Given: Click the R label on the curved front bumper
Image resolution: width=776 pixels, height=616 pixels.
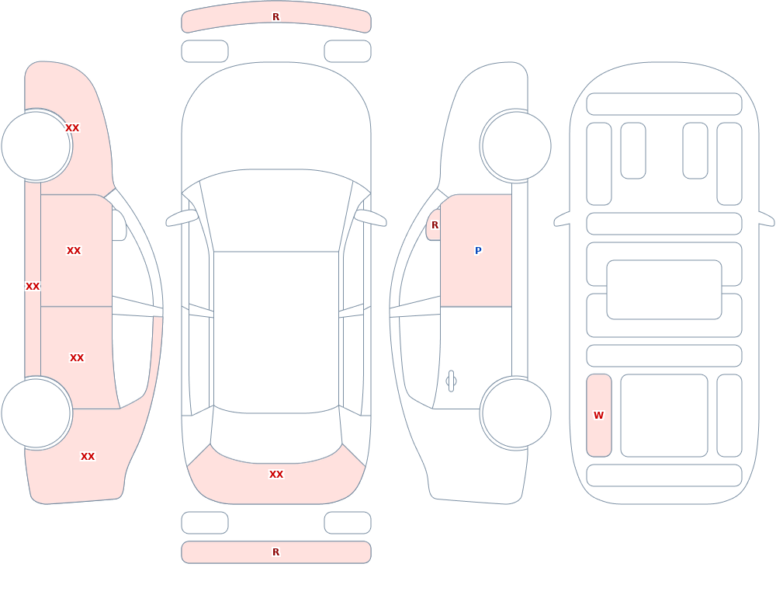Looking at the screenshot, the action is (275, 17).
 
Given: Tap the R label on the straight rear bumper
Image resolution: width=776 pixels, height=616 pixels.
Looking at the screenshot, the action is (275, 552).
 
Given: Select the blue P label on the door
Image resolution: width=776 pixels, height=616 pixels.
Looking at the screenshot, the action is (478, 251).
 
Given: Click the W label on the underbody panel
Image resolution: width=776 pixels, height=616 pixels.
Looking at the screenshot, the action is (599, 416).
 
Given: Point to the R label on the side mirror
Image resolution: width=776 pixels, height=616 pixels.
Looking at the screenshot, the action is (435, 225).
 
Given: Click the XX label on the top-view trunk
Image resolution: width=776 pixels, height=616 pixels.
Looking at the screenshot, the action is (276, 475).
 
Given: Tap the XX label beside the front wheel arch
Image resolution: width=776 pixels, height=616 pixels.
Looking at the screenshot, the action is (72, 128).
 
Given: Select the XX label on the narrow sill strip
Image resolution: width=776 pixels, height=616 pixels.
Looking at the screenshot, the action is (33, 287).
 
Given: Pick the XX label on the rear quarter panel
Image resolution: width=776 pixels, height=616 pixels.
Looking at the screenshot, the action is (88, 457).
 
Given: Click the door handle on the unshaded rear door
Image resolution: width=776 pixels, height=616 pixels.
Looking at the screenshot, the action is (451, 381).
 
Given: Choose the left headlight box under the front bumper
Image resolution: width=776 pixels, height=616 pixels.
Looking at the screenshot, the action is (205, 51).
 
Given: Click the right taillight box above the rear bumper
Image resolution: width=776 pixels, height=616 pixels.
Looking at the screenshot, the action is (348, 523).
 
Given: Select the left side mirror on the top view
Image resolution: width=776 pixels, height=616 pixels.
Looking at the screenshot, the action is (182, 218).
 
